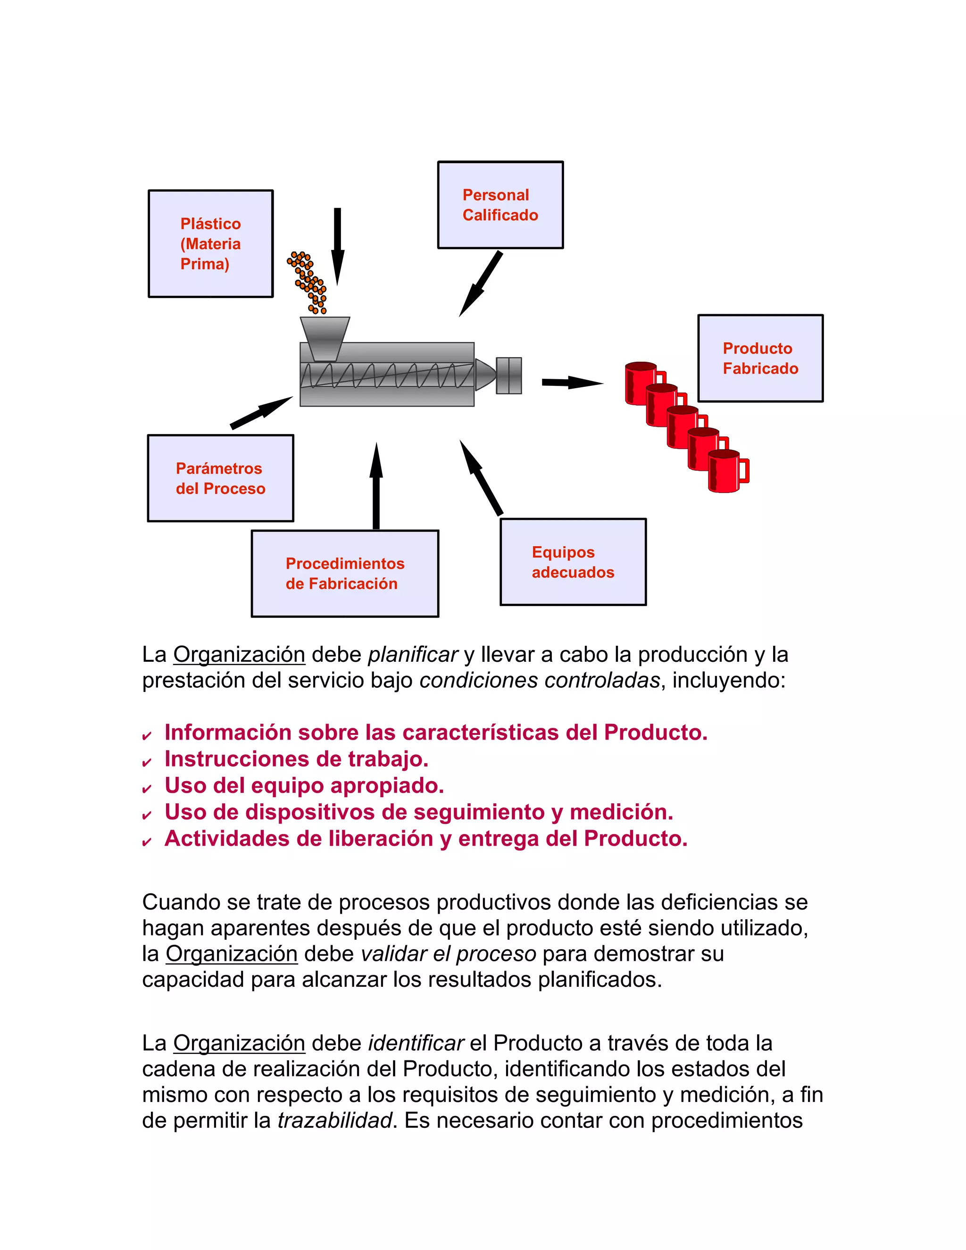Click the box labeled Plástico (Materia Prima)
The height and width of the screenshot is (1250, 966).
(x=210, y=244)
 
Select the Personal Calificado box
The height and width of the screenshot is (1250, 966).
(x=500, y=205)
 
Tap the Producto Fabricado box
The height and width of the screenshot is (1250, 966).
(x=760, y=358)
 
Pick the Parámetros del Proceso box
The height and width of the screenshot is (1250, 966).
(x=220, y=478)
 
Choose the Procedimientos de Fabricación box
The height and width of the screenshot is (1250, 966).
(x=344, y=574)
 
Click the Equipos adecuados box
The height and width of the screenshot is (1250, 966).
(x=573, y=562)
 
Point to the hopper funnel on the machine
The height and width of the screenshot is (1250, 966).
(x=325, y=338)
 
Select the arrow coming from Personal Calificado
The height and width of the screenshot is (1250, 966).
(x=481, y=284)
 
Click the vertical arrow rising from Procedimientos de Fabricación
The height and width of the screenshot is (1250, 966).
(x=376, y=486)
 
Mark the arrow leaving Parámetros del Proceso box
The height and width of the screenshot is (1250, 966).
(x=261, y=412)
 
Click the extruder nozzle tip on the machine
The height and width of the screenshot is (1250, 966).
(x=485, y=375)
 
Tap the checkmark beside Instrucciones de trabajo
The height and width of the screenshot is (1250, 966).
(x=147, y=762)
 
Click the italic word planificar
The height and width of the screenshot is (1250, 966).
(x=413, y=654)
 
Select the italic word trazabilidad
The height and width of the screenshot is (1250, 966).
(x=335, y=1120)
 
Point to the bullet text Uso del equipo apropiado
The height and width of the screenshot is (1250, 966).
(x=304, y=785)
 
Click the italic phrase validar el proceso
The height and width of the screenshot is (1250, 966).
(x=448, y=953)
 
